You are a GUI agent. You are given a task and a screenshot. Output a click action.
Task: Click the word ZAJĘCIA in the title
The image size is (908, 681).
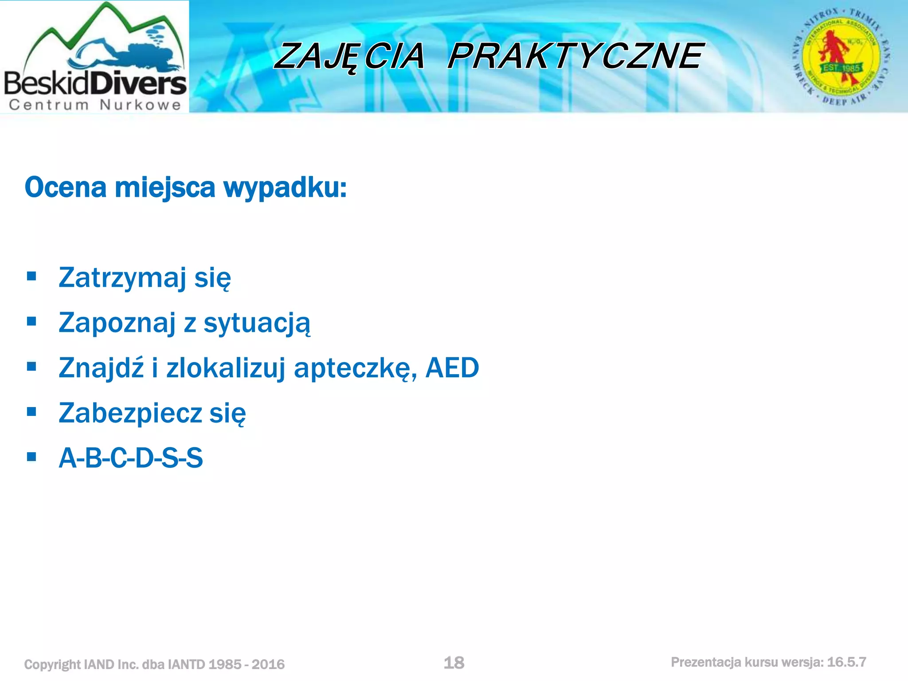coord(349,56)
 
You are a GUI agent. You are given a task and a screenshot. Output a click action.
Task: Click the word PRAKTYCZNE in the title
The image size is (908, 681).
coord(575,56)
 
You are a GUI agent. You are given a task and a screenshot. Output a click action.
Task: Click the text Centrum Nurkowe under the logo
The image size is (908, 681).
coord(95,105)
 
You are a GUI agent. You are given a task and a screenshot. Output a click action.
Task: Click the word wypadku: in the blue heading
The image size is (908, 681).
coord(285,188)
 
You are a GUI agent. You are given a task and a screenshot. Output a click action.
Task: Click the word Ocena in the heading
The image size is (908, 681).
coord(66,188)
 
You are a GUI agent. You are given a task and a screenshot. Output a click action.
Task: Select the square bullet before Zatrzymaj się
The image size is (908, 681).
coord(31,277)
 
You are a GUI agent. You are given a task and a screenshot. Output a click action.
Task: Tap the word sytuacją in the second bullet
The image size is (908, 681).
coord(257,323)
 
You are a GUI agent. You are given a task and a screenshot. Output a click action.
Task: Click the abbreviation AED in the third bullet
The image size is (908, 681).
coord(452,368)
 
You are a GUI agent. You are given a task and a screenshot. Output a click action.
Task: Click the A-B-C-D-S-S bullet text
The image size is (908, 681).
coord(131,458)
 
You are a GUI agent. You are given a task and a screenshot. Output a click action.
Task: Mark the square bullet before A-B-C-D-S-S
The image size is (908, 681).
coord(31,457)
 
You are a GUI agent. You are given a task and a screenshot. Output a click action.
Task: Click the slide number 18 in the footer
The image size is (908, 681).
coord(454,663)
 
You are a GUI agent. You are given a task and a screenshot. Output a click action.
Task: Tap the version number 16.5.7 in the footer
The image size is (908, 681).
coord(846,662)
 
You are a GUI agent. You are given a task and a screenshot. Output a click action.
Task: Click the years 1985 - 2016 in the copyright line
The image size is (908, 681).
coord(246,664)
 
